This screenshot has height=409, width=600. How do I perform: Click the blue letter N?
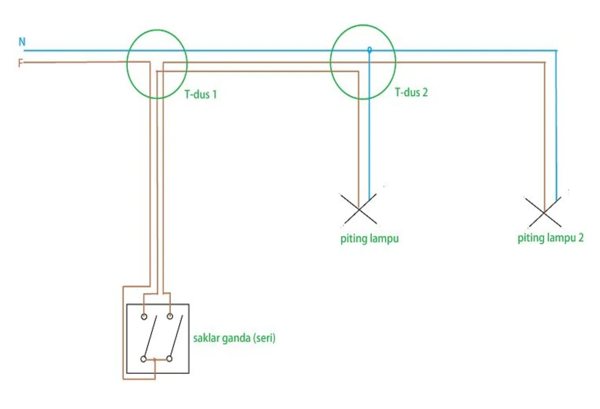click(x=22, y=41)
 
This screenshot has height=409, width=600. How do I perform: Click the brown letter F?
click(x=20, y=63)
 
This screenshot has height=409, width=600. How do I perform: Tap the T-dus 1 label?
click(x=201, y=95)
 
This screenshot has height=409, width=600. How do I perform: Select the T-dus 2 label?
click(x=411, y=93)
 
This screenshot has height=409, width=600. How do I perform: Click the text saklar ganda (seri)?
click(x=234, y=338)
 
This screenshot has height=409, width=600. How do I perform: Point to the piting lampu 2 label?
click(x=550, y=238)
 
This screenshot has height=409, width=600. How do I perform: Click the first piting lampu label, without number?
click(x=369, y=239)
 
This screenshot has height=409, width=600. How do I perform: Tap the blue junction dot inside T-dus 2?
click(x=369, y=50)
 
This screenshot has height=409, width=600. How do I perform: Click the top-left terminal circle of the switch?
click(x=144, y=316)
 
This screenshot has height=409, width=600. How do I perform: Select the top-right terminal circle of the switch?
click(x=170, y=316)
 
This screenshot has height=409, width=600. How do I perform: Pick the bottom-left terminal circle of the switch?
click(x=143, y=359)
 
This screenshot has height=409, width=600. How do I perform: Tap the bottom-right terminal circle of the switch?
click(x=170, y=359)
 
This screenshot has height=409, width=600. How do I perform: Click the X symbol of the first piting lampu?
click(x=359, y=209)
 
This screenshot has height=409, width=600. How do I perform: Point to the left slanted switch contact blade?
click(x=149, y=336)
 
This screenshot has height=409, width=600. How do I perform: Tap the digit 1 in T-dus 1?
click(x=214, y=95)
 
